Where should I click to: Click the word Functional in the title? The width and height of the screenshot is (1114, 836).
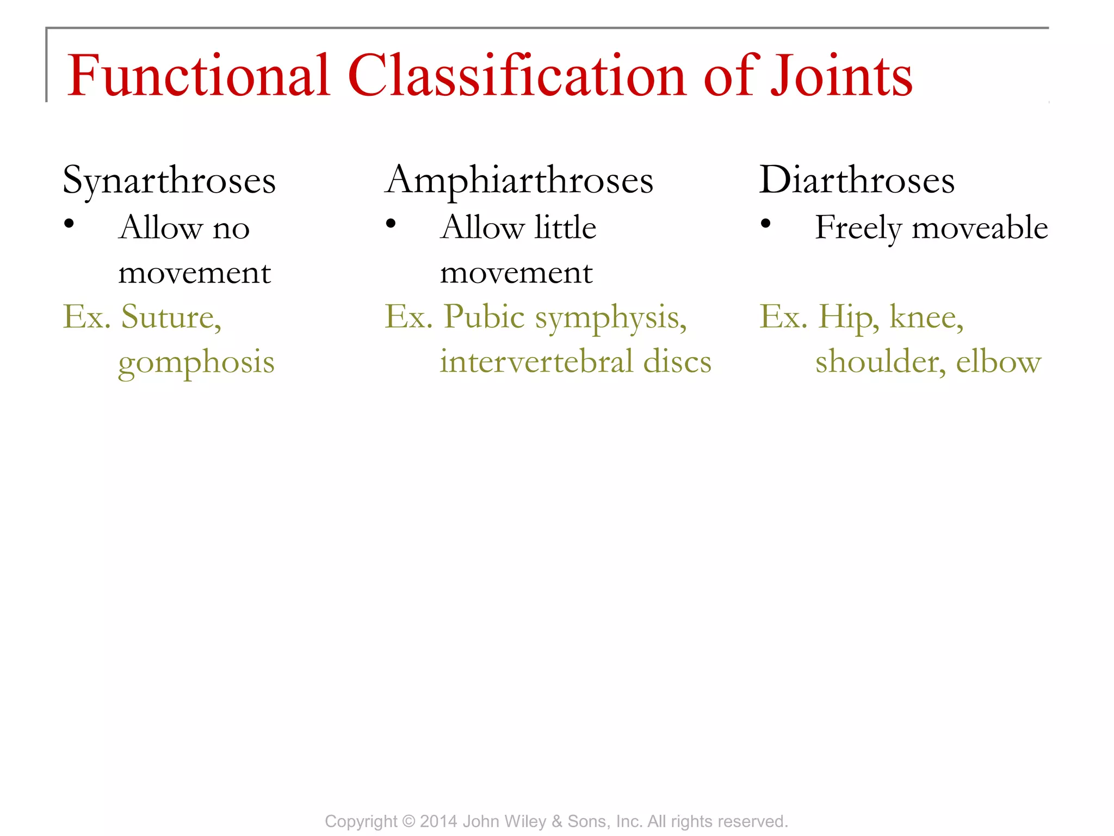(199, 76)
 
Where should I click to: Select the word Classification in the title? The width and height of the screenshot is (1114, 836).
(517, 76)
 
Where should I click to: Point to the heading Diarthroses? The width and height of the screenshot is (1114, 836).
(857, 180)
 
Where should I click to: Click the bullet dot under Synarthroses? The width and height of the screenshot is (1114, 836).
(69, 224)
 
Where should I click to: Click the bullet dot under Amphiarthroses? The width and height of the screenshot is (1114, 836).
(391, 224)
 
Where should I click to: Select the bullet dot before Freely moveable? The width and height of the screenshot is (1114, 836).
(766, 224)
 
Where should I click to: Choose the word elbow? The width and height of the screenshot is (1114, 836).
(998, 362)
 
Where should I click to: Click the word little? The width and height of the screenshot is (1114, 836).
(565, 228)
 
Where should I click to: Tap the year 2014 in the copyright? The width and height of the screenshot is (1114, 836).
(438, 821)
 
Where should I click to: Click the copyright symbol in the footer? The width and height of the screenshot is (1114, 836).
(409, 821)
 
